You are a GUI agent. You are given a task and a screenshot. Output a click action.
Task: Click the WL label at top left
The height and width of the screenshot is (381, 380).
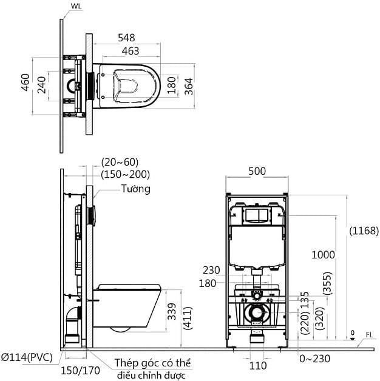point(76,7)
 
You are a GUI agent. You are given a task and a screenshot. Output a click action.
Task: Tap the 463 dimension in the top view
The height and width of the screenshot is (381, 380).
point(129,51)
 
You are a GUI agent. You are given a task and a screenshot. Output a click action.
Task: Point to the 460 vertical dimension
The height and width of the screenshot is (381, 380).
point(25,84)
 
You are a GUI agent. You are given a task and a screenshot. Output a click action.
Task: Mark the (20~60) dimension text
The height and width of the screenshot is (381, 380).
point(120,161)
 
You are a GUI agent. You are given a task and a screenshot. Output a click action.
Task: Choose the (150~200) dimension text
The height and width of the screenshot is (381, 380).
point(125,174)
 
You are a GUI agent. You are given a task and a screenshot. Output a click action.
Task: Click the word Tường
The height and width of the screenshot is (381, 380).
point(135,189)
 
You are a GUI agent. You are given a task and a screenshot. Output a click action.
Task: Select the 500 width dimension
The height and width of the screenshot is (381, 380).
point(257,171)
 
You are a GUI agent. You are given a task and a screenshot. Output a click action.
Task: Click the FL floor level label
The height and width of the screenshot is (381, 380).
point(370,334)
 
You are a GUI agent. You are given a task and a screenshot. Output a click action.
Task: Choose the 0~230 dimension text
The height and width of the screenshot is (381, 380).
point(314,358)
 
